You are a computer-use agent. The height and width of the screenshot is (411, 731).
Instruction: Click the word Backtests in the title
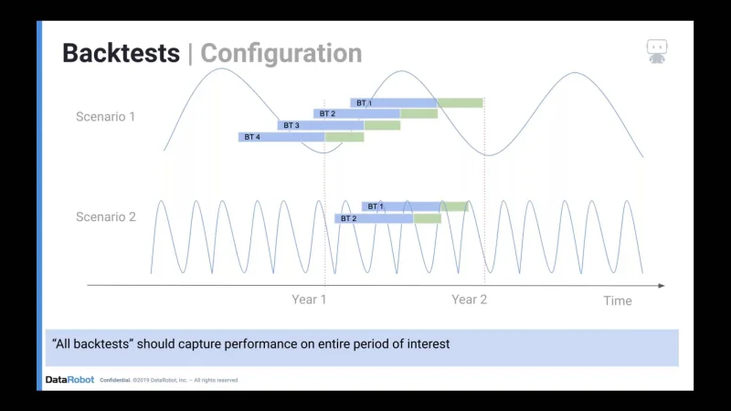[x=121, y=53]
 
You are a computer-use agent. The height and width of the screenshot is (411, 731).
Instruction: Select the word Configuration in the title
[x=281, y=54]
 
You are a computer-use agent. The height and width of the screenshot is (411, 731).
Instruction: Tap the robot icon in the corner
[x=656, y=51]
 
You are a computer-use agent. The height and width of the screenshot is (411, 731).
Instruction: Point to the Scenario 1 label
[x=105, y=117]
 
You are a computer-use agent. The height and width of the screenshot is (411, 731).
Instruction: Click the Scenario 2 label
[x=106, y=216]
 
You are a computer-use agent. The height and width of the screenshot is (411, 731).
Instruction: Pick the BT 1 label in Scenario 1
[x=364, y=103]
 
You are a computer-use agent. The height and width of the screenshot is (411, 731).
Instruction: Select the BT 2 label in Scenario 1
[x=327, y=113]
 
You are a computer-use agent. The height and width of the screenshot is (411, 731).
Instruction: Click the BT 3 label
[x=291, y=125]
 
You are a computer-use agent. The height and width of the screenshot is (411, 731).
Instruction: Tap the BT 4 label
[x=252, y=137]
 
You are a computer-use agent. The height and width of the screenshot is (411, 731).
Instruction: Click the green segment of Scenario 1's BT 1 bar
[x=461, y=103]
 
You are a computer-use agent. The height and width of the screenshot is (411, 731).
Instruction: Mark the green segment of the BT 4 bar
[x=344, y=137]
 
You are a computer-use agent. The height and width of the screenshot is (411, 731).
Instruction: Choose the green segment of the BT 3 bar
[x=382, y=125]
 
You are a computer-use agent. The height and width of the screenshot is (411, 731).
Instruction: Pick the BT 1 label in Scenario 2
[x=376, y=206]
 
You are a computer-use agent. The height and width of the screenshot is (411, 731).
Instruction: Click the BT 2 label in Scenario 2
[x=348, y=218]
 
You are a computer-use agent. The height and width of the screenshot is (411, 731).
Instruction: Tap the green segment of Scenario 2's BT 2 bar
[x=427, y=218]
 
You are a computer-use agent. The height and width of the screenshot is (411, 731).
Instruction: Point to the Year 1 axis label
[x=309, y=300]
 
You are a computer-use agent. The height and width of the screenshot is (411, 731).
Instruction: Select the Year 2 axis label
[x=469, y=300]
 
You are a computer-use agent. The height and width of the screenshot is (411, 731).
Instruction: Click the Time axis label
[x=618, y=300]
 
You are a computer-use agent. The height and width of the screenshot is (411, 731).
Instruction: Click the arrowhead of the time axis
[x=662, y=285]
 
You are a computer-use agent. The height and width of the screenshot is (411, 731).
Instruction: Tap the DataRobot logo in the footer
[x=70, y=380]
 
